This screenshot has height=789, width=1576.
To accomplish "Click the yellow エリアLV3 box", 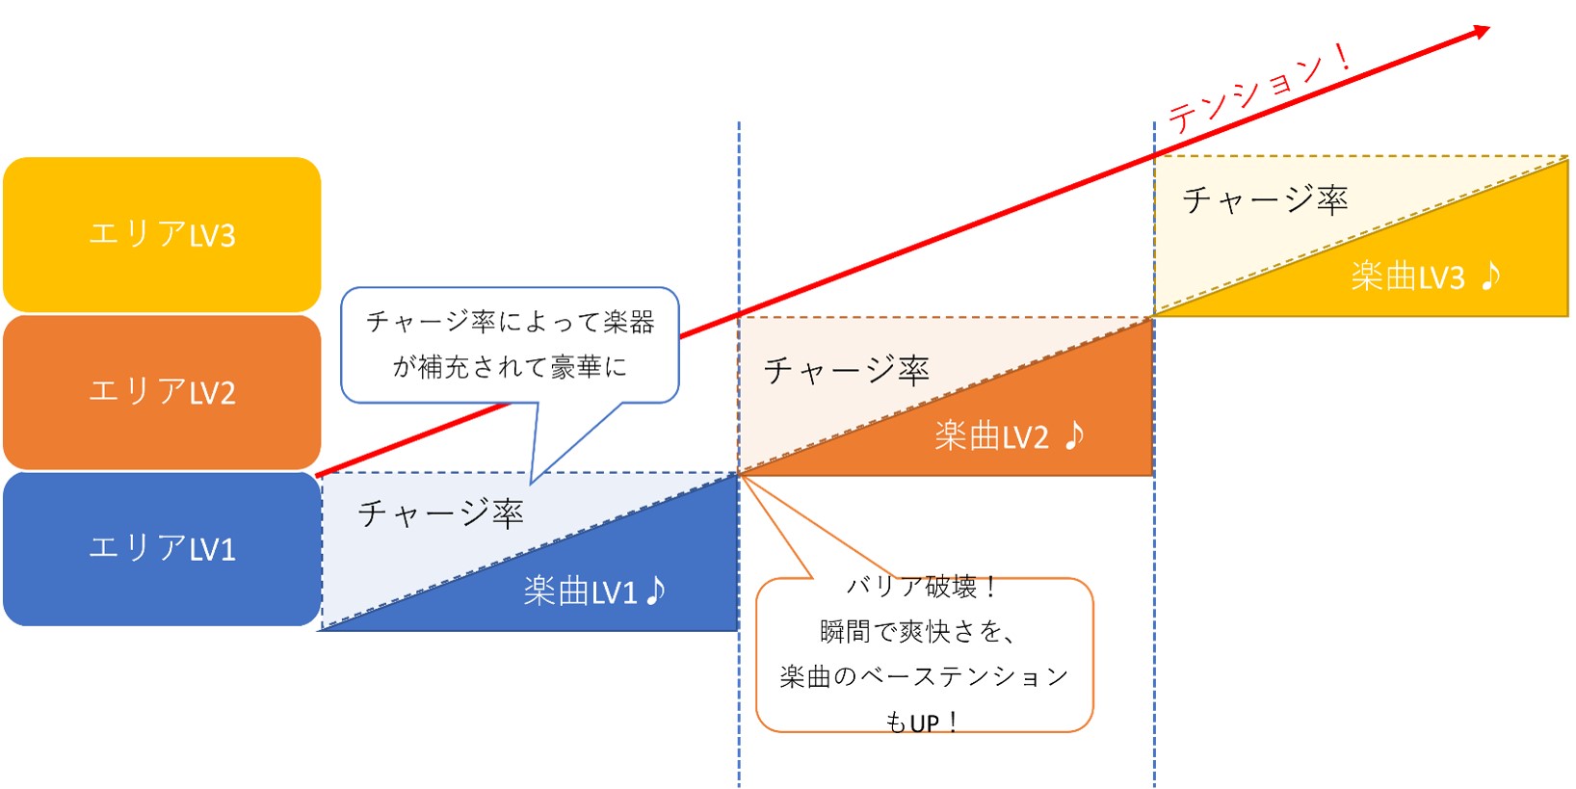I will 162,234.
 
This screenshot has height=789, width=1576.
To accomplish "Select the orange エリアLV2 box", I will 162,391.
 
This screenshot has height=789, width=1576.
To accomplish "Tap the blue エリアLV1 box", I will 162,548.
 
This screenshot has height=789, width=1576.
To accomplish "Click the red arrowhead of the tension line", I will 1481,33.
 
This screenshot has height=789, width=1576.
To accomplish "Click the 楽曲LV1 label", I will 580,592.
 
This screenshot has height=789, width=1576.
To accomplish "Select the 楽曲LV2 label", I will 991,436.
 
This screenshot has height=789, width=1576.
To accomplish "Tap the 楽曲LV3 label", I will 1407,277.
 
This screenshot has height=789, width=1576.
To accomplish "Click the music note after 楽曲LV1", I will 656,590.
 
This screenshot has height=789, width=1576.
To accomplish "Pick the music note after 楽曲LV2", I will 1075,435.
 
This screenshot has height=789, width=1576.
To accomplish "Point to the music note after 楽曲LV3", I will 1490,276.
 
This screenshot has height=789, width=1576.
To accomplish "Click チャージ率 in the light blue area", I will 440,513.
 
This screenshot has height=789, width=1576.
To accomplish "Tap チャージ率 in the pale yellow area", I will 1264,200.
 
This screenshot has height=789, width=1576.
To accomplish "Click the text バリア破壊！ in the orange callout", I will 922,587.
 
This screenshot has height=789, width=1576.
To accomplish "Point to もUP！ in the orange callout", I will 922,722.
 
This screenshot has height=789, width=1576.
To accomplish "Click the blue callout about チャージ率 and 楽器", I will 510,344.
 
